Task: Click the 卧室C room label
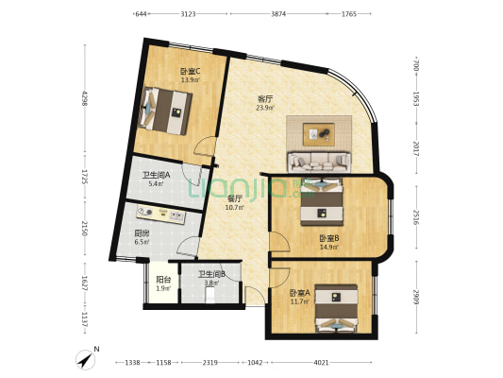point(189,71)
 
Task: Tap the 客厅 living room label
point(265,98)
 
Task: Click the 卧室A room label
point(299,292)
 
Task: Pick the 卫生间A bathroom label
point(156,175)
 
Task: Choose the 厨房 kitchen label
point(142,233)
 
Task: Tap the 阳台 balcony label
point(162,280)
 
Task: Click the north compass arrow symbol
point(87,359)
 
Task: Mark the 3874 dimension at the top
point(278,14)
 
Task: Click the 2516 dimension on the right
point(415,220)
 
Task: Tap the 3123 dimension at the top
point(188,14)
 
